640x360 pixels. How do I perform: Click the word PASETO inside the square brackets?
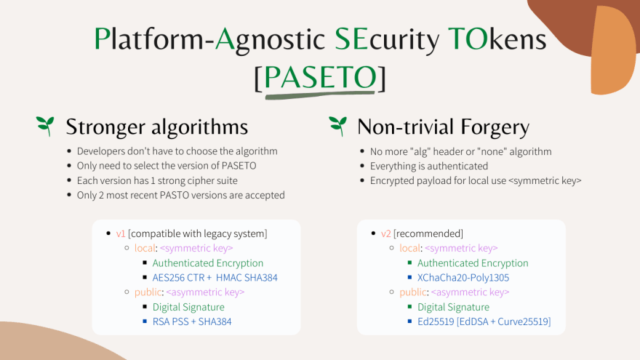321,77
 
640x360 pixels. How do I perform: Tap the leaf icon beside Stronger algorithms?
45,126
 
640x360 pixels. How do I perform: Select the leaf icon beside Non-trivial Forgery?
337,126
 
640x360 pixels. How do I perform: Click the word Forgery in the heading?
495,127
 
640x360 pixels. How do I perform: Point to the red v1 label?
121,234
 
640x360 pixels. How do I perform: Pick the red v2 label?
386,234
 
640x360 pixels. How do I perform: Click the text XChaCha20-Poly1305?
463,278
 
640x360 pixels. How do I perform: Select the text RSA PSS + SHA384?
192,321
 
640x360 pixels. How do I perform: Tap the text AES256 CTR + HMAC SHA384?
215,278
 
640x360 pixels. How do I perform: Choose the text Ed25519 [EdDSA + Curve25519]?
484,321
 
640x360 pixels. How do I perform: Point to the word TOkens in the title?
497,39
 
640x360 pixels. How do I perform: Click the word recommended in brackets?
428,234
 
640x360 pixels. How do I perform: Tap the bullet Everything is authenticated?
429,167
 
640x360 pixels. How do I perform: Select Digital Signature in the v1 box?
188,308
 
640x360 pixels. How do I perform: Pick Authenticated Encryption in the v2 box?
473,263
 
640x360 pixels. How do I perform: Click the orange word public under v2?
413,292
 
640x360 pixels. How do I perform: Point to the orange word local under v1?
145,248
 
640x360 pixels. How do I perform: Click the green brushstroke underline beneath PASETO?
320,95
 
